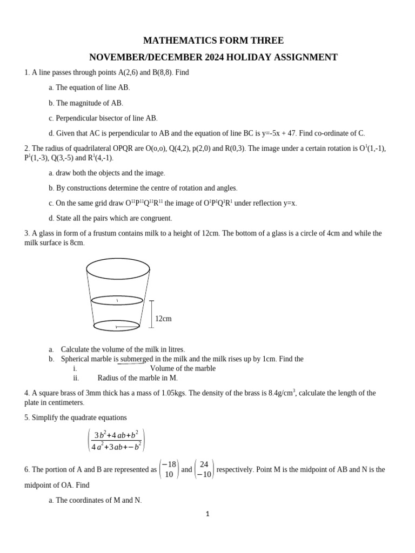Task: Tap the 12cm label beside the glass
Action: [x=163, y=319]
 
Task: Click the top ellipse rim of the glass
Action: [x=118, y=268]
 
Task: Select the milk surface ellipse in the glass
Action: [x=117, y=300]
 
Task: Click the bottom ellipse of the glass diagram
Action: [x=117, y=326]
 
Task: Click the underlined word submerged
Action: [x=136, y=359]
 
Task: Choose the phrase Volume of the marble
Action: [x=183, y=368]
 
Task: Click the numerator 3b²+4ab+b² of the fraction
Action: [x=116, y=435]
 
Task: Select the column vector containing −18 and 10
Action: [x=169, y=469]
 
